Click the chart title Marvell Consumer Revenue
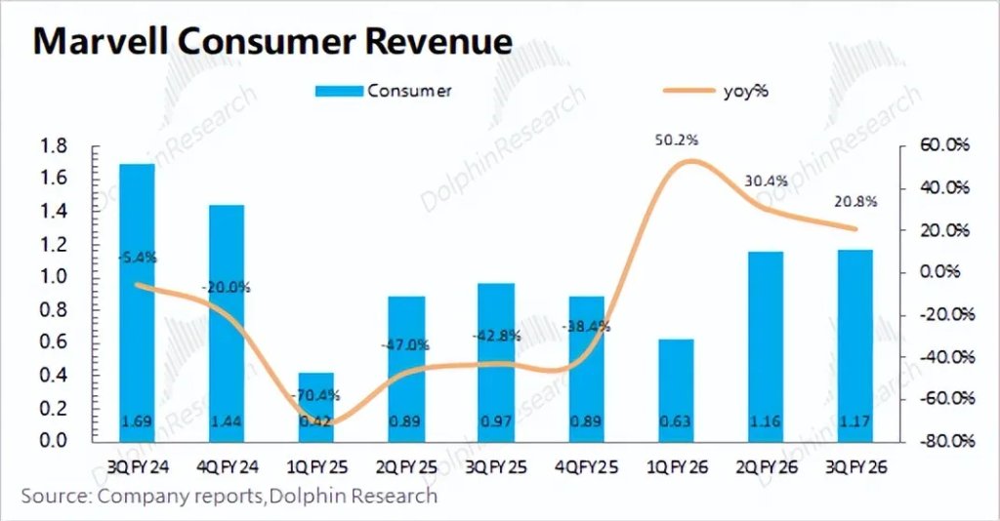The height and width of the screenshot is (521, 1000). (x=272, y=42)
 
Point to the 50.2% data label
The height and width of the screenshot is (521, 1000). (x=676, y=140)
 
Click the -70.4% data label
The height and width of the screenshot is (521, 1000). (x=315, y=395)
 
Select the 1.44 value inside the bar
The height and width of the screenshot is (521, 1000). (x=227, y=421)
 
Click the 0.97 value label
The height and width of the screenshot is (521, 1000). (x=496, y=421)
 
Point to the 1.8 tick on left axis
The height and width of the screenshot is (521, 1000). (x=53, y=146)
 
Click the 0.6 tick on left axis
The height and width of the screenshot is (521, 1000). (x=53, y=342)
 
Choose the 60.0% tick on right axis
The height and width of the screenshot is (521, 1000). (x=943, y=145)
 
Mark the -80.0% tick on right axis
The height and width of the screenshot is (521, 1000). (x=941, y=441)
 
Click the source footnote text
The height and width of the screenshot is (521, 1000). (x=229, y=497)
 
